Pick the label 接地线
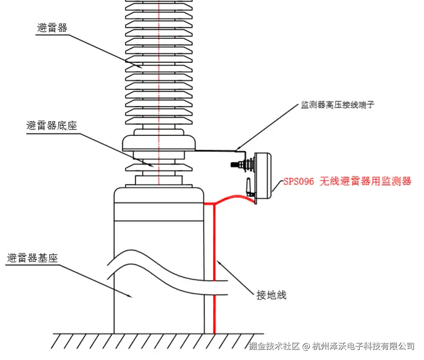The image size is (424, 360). [271, 294]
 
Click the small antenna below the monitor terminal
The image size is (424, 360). [250, 187]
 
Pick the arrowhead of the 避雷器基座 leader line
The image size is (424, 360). [134, 299]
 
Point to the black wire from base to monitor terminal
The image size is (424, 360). [215, 151]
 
